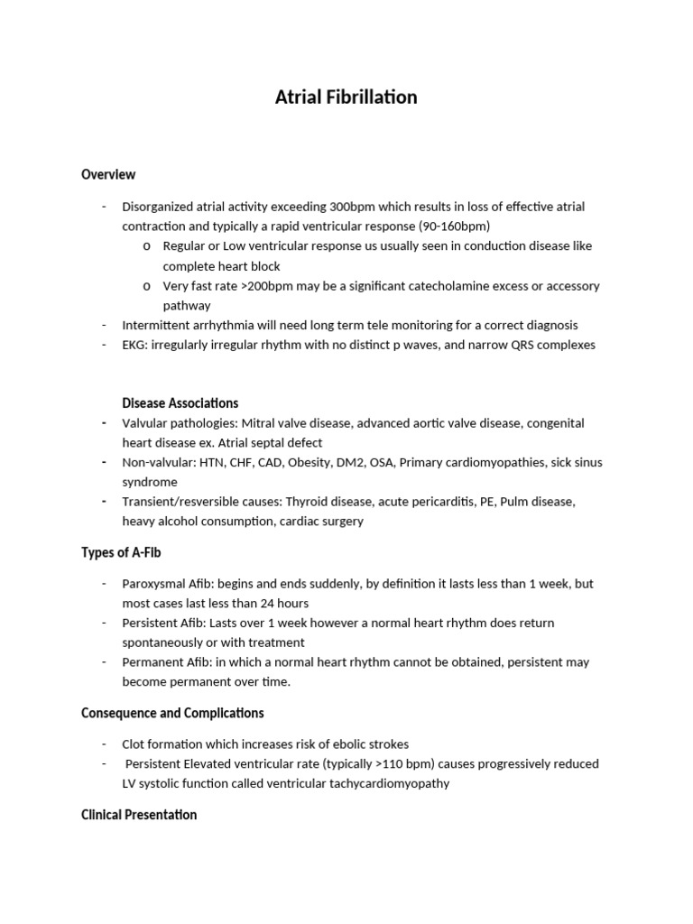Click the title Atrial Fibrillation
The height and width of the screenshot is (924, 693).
point(346,97)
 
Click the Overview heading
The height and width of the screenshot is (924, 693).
point(108,174)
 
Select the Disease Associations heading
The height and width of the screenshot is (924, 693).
point(180,402)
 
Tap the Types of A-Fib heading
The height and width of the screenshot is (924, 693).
point(121,552)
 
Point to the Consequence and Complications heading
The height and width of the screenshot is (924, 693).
point(172,713)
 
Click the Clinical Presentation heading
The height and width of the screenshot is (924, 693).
point(139,815)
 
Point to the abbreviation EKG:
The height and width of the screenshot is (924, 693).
point(135,345)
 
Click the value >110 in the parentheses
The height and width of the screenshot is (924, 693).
point(414,763)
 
